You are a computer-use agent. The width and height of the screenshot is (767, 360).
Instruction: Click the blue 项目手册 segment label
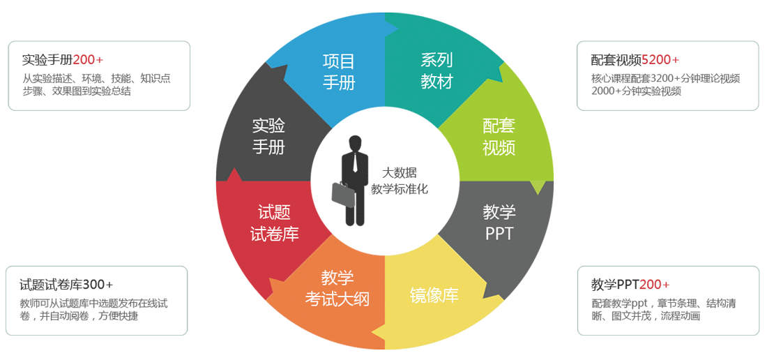point(339,71)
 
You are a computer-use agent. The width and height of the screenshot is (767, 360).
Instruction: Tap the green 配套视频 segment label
point(499,136)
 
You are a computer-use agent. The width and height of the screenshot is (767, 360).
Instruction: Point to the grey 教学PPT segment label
point(499,222)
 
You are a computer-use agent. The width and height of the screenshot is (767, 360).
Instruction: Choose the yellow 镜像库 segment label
point(434,294)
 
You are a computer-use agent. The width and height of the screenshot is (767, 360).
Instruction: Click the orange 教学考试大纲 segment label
point(337,288)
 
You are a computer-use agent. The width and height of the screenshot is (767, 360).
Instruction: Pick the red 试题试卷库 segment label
point(274,223)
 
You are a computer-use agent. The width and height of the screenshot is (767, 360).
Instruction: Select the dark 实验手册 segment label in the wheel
point(268,136)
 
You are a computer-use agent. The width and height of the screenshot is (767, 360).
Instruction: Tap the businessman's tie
point(356,163)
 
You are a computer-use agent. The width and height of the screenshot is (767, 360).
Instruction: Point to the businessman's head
point(356,143)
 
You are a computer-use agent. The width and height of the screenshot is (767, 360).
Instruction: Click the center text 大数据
point(399,173)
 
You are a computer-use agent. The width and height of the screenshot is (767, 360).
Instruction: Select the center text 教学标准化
point(399,188)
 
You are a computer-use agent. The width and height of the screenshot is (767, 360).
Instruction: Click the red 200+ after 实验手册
point(87,59)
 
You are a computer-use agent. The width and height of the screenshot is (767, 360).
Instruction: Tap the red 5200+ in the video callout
point(660,59)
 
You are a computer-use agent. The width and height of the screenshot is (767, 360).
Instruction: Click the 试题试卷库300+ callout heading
point(66,285)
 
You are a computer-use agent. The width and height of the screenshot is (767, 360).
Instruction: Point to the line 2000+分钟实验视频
point(636,91)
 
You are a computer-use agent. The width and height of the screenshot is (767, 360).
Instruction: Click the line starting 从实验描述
point(96,78)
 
